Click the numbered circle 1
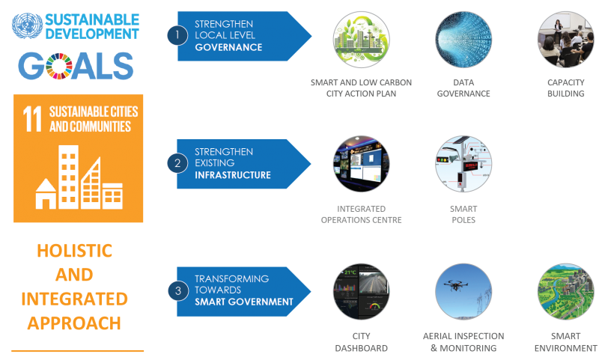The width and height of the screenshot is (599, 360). pyautogui.click(x=177, y=34)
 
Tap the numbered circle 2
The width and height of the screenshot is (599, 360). pyautogui.click(x=177, y=162)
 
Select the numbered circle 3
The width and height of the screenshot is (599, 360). pyautogui.click(x=177, y=290)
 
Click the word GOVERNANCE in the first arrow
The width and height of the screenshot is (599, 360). pyautogui.click(x=228, y=47)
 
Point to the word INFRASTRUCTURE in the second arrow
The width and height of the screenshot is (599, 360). pyautogui.click(x=232, y=175)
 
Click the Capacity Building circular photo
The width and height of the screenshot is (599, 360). pyautogui.click(x=565, y=41)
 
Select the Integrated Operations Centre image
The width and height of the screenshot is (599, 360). pyautogui.click(x=361, y=164)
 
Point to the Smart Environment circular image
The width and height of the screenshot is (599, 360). pyautogui.click(x=565, y=291)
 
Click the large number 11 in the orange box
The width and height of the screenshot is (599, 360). pyautogui.click(x=31, y=119)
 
